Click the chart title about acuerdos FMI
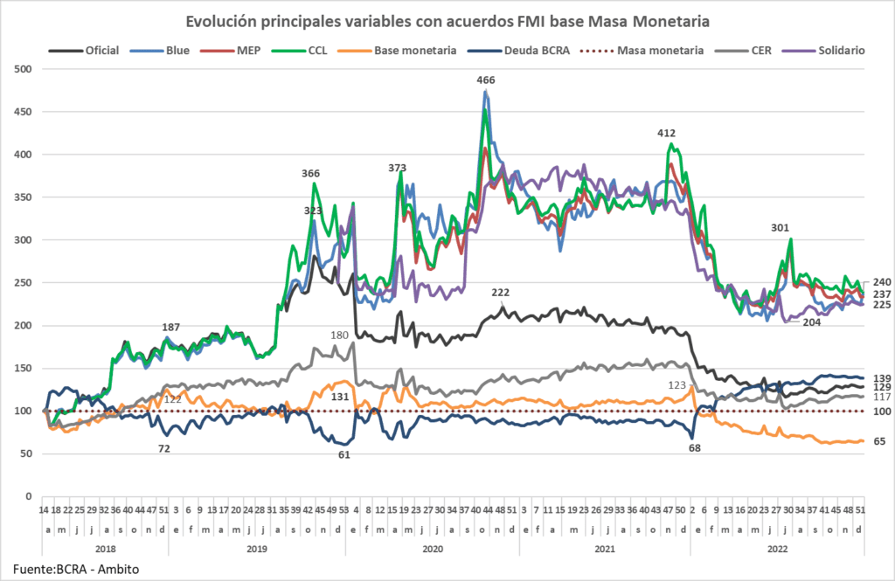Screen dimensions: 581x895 (446, 19)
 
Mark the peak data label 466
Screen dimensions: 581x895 (486, 80)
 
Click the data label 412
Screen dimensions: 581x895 (667, 133)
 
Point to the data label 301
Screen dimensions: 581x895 (780, 228)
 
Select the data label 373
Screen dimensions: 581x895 (398, 167)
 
